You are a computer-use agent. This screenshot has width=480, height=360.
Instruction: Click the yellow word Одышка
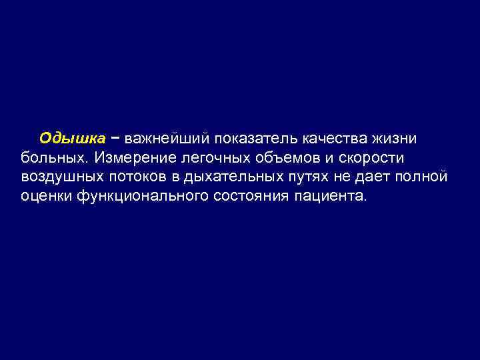click(72, 139)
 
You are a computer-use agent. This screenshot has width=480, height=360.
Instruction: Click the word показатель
click(255, 139)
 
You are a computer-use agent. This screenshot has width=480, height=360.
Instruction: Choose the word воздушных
click(62, 178)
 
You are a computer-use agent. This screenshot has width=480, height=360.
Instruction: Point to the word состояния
click(253, 197)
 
